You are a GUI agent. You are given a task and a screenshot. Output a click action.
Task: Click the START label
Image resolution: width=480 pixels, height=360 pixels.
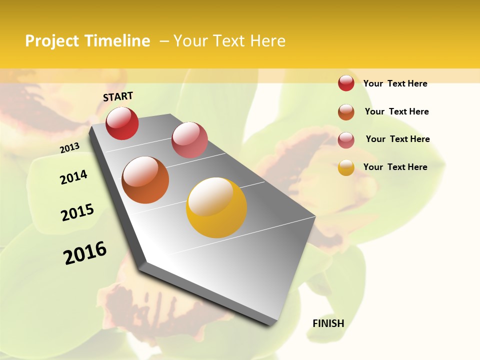(118, 96)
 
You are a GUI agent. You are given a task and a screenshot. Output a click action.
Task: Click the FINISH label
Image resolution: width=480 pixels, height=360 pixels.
(328, 323)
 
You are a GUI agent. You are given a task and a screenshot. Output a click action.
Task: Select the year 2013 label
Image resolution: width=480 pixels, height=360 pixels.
(69, 148)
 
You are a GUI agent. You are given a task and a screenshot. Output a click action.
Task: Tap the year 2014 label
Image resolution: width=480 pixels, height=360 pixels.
(73, 177)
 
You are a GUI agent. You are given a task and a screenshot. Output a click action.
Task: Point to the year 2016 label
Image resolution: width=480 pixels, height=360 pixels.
(85, 253)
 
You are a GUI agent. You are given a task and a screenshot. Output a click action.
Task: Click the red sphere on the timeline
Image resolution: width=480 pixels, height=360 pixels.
(122, 123)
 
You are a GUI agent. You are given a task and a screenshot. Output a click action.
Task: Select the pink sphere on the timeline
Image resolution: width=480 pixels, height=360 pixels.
(189, 139)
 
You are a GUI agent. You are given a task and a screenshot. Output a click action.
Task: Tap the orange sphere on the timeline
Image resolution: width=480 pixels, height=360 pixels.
(145, 180)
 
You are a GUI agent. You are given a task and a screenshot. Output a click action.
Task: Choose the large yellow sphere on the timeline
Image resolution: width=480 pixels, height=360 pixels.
(216, 207)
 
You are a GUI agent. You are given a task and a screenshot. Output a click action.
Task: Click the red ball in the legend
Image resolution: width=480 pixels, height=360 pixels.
(346, 83)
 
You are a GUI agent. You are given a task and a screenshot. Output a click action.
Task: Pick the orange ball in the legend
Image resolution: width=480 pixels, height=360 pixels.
(346, 111)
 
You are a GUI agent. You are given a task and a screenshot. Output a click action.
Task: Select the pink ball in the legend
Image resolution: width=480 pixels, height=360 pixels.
(346, 139)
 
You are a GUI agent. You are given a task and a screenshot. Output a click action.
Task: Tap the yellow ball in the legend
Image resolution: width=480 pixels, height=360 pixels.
(346, 167)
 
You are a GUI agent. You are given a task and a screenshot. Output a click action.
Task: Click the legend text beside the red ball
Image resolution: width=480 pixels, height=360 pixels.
(395, 83)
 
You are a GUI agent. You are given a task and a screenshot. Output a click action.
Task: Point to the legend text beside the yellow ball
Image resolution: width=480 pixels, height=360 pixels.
(395, 167)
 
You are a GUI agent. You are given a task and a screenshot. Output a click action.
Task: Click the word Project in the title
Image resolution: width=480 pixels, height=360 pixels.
(51, 41)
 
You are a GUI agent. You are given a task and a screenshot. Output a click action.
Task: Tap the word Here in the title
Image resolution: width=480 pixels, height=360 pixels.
(267, 41)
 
